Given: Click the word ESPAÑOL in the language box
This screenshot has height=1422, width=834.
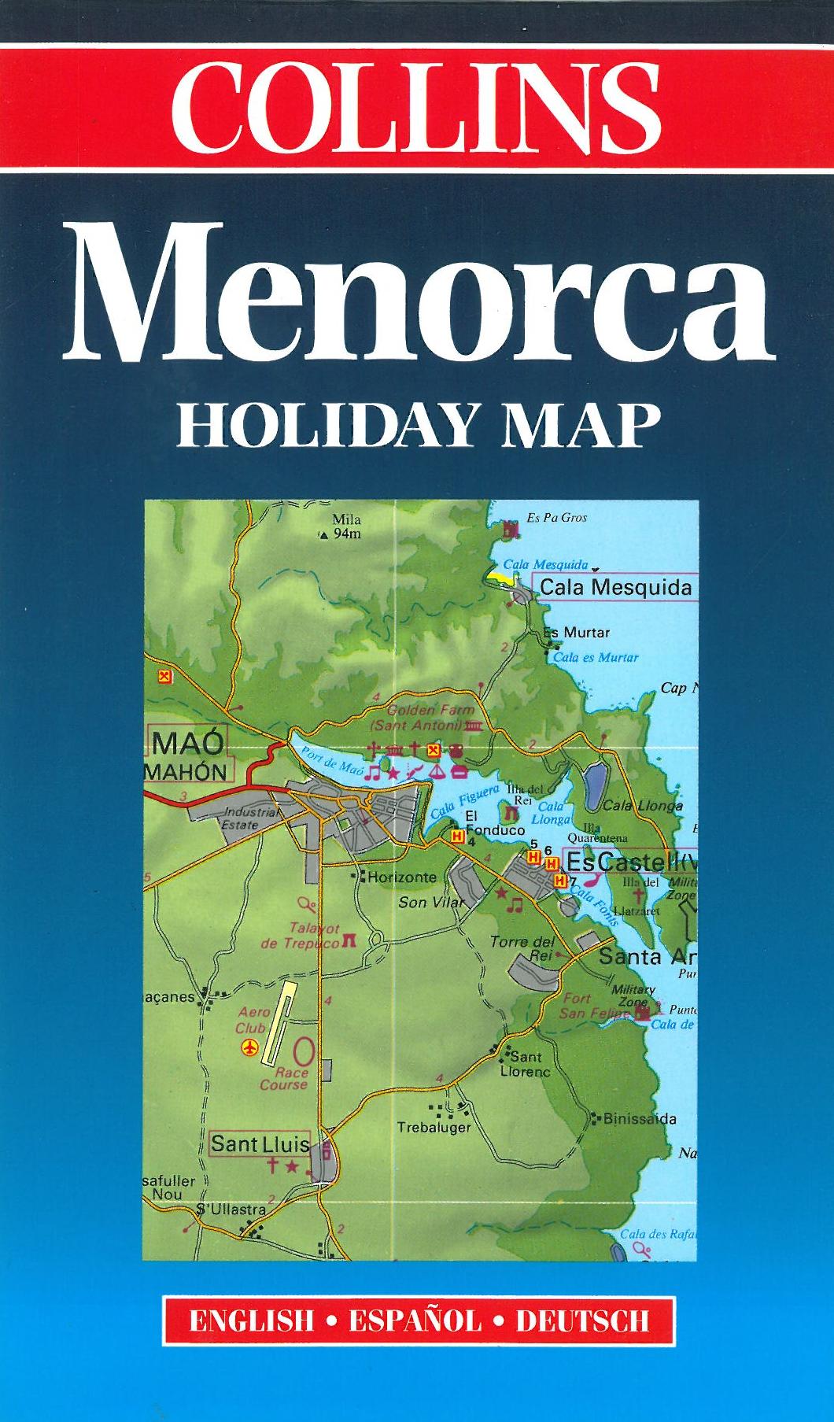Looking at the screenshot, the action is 415,1319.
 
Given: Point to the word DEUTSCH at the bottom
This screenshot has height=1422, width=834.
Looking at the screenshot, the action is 582,1319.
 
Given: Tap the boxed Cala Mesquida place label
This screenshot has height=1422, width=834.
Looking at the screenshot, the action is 615,587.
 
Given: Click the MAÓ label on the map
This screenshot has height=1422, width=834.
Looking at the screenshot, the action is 189,742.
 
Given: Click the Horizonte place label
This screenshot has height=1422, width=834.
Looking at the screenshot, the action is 401,877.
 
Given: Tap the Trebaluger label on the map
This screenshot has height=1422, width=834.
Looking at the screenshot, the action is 434,1128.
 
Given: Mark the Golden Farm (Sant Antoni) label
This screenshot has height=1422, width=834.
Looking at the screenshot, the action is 424,717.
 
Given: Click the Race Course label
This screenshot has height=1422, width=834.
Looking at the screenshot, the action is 284,1078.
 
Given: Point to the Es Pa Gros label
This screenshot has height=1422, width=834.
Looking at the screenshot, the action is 556,518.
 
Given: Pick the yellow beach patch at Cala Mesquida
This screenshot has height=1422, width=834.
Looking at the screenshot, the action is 500,575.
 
